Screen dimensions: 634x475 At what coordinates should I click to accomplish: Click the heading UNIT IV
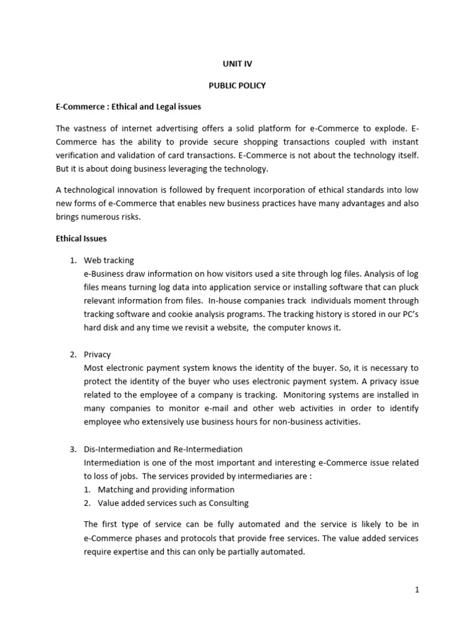point(237,64)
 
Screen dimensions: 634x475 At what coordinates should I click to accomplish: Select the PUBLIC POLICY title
point(237,85)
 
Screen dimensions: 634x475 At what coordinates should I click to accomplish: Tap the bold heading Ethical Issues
point(82,238)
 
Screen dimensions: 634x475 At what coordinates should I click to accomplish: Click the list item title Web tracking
point(109,260)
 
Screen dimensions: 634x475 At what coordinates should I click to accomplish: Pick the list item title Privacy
point(97,354)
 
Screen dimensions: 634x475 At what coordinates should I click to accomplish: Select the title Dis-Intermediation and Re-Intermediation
point(163,449)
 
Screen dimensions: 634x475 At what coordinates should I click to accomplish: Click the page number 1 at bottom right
point(417,590)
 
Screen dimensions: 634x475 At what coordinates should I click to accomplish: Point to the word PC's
point(406,314)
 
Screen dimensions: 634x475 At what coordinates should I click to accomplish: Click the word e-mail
point(216,408)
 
